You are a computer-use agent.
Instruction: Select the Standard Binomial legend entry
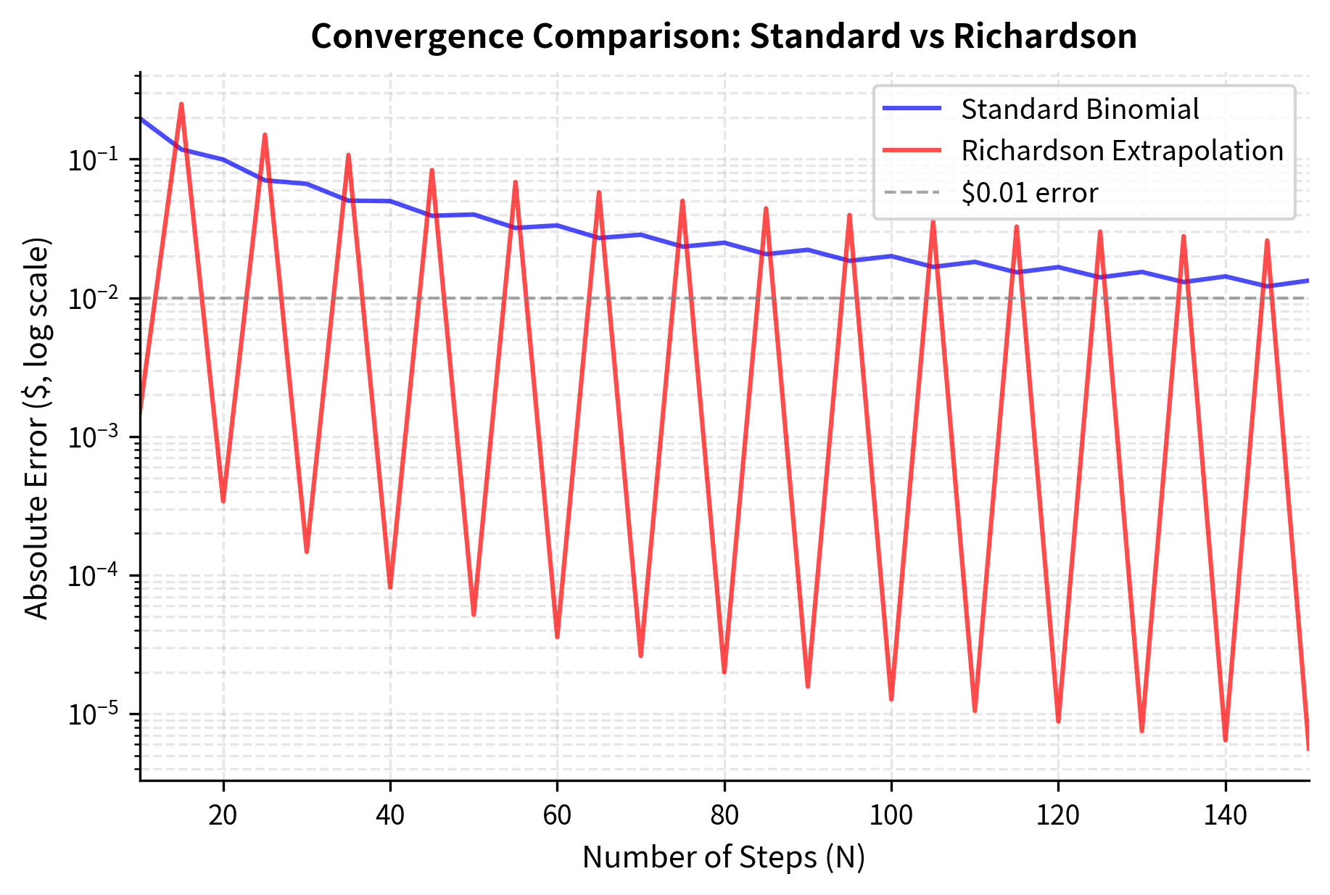coord(1079,110)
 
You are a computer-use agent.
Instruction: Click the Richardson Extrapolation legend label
coord(1122,151)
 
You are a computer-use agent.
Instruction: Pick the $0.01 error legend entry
coord(1029,193)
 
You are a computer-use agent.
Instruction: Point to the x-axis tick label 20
coord(223,815)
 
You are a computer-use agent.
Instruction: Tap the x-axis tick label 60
coord(557,815)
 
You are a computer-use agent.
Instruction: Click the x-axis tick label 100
coord(891,815)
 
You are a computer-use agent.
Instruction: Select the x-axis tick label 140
coord(1225,815)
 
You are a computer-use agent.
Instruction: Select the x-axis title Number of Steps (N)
coord(724,857)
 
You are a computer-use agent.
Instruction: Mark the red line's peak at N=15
coord(181,104)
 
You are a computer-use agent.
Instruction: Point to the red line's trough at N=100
coord(891,698)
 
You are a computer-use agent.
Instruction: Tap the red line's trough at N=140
coord(1226,739)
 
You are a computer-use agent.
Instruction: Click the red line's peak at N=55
coord(516,183)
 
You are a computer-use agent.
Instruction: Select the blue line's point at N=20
coord(223,160)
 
